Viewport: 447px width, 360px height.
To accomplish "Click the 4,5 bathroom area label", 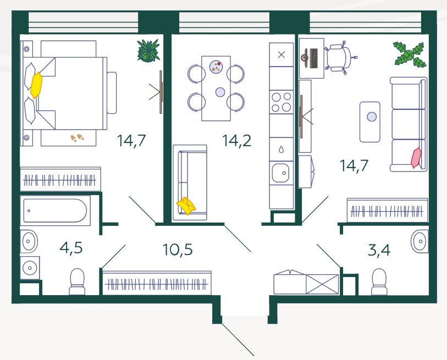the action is pos(71,248).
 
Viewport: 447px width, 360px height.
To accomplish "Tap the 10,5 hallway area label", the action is pos(178,250).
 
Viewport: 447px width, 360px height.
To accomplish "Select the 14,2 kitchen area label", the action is pos(236,141).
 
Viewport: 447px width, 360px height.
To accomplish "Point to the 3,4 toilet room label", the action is pos(379,250).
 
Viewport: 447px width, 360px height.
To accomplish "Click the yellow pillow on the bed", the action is pos(36,85).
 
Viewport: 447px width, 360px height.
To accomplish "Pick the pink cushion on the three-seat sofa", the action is pos(416,158).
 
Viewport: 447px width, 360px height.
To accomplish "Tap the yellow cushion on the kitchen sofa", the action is pos(186,206).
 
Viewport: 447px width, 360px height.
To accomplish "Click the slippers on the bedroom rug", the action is pos(78,138).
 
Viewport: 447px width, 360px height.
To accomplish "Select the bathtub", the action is pos(55,211).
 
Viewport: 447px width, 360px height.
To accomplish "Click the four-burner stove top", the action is pos(282,102).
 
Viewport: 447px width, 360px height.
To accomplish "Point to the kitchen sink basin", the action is pos(280,172).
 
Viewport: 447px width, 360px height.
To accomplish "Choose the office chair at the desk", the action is pos(340,58).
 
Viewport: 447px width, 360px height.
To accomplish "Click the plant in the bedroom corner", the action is pos(148,51).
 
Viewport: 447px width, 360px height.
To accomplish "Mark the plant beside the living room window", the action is pos(410,54).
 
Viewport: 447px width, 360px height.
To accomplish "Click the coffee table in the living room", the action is pos(369,122).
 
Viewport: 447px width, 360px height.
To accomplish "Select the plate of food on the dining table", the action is pos(216,67).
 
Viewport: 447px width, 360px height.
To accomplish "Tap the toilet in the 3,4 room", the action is pos(379,281).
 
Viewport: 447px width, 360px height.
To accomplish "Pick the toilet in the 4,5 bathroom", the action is pos(77,281).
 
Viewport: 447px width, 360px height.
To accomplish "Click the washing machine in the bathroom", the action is pos(30,268).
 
